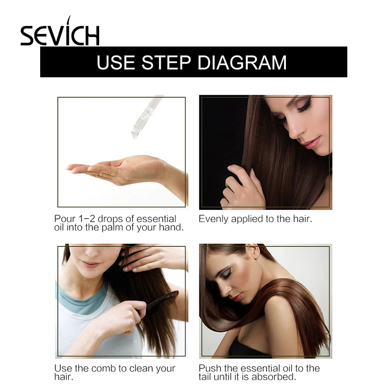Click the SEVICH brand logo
(x=60, y=34)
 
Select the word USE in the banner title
(x=116, y=62)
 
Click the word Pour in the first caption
(x=65, y=219)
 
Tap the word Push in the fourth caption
(x=209, y=368)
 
